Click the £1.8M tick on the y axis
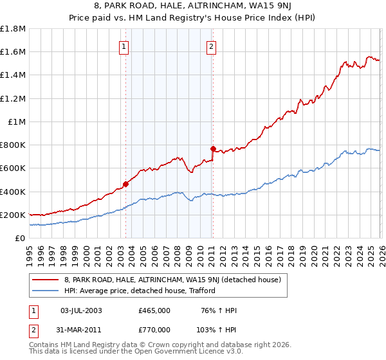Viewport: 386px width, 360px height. [13, 29]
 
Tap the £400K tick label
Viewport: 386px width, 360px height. [13, 192]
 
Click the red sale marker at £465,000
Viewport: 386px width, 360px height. [125, 184]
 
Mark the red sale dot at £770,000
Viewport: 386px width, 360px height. [213, 148]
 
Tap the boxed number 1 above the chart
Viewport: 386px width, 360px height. [123, 46]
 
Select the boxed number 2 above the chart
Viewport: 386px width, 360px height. [211, 46]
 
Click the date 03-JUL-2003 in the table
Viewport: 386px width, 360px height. [80, 310]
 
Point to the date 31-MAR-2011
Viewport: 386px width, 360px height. [81, 329]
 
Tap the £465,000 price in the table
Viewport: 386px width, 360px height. [154, 310]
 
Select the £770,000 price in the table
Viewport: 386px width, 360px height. [154, 329]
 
